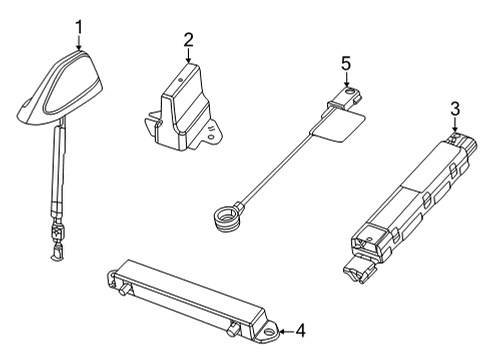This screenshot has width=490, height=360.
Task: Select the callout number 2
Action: click(x=187, y=40)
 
